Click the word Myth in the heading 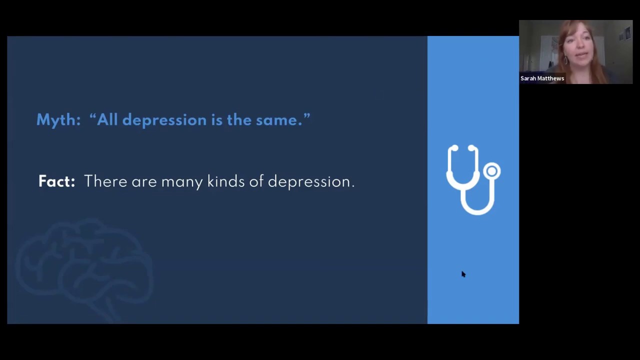(x=57, y=120)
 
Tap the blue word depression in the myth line (x=164, y=120)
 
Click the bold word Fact (x=56, y=181)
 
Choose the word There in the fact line (x=105, y=181)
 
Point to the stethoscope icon (x=472, y=180)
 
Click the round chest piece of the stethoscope (x=492, y=171)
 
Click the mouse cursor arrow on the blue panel (x=463, y=273)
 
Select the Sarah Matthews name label (x=542, y=78)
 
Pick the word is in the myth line (x=216, y=120)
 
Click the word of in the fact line (x=256, y=181)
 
